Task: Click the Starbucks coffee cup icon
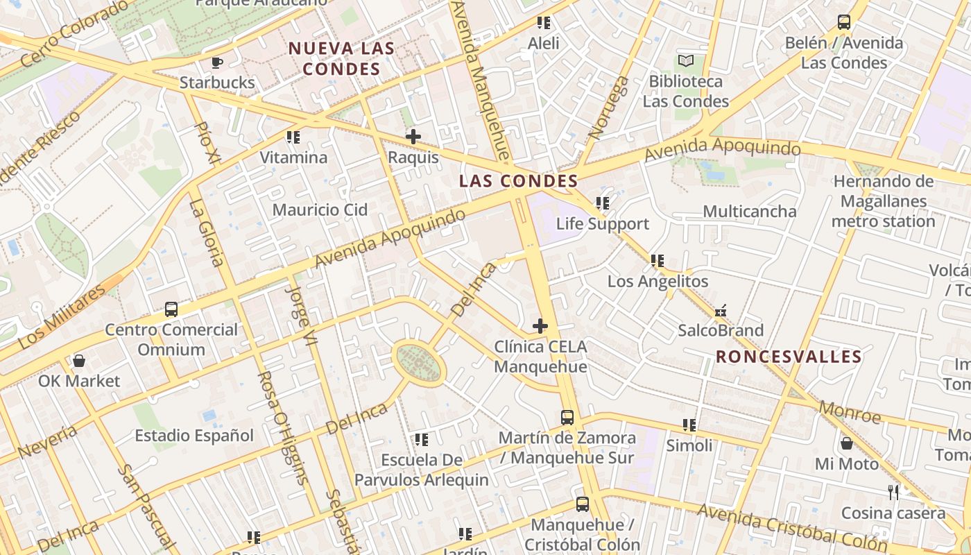coord(217,62)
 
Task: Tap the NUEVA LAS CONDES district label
coord(341,59)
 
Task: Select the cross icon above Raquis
coord(413,137)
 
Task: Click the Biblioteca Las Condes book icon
coord(686,61)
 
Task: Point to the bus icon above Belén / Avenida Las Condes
coord(843,22)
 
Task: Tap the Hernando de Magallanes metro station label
coord(883,202)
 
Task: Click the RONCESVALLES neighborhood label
coord(789,357)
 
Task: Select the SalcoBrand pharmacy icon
coord(721,310)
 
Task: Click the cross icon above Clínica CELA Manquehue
coord(540,325)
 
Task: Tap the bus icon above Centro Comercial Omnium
coord(171,309)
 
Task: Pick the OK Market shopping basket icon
coord(79,361)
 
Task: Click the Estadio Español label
coord(194,436)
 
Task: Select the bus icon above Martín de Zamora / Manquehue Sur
coord(567,418)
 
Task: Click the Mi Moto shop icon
coord(846,443)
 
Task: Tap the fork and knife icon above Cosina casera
coord(893,493)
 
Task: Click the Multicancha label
coord(750,211)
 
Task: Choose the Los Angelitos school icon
coord(657,262)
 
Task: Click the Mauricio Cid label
coord(320,210)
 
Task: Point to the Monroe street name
coord(850,412)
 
